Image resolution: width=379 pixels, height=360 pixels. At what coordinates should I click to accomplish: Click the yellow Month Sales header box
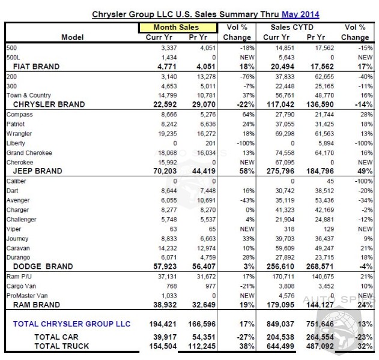[177, 28]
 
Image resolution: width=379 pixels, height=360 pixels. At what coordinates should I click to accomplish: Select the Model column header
[72, 37]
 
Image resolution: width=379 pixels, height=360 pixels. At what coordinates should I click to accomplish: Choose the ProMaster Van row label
[26, 295]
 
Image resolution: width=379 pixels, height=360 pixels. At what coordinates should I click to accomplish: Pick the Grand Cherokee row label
[28, 152]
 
